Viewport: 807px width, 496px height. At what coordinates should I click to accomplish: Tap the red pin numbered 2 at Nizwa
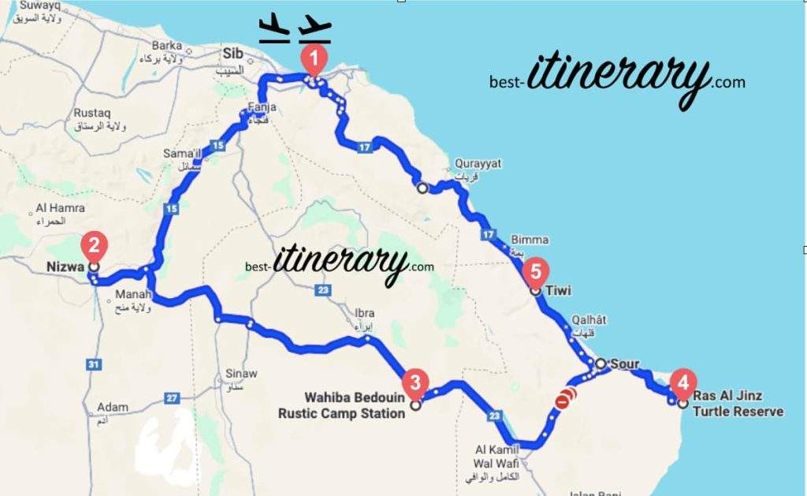click(x=94, y=246)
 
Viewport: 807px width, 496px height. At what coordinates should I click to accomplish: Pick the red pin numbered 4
click(x=682, y=383)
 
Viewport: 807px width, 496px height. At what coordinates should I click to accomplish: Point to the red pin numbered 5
click(x=535, y=272)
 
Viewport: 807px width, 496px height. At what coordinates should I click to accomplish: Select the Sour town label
click(x=624, y=364)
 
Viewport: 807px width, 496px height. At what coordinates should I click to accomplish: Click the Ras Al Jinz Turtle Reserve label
click(x=738, y=403)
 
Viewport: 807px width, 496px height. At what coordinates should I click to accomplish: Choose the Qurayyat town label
click(x=478, y=163)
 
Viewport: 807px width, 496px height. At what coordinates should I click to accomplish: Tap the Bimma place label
click(x=530, y=240)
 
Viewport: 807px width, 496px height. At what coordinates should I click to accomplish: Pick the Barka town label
click(x=166, y=46)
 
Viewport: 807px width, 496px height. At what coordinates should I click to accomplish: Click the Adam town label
click(x=113, y=408)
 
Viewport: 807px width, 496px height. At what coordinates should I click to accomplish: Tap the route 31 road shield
click(x=94, y=364)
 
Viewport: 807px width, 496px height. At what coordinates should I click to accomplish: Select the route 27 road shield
click(x=173, y=398)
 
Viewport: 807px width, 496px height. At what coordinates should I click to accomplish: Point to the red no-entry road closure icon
click(x=562, y=402)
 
